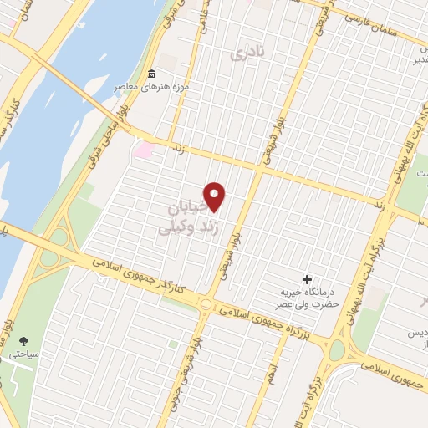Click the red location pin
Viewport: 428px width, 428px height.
216,196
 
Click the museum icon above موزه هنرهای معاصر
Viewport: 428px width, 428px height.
150,73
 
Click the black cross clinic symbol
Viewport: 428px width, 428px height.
307,278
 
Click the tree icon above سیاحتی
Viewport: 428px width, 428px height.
23,341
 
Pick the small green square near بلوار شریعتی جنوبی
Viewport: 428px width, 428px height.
172,344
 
